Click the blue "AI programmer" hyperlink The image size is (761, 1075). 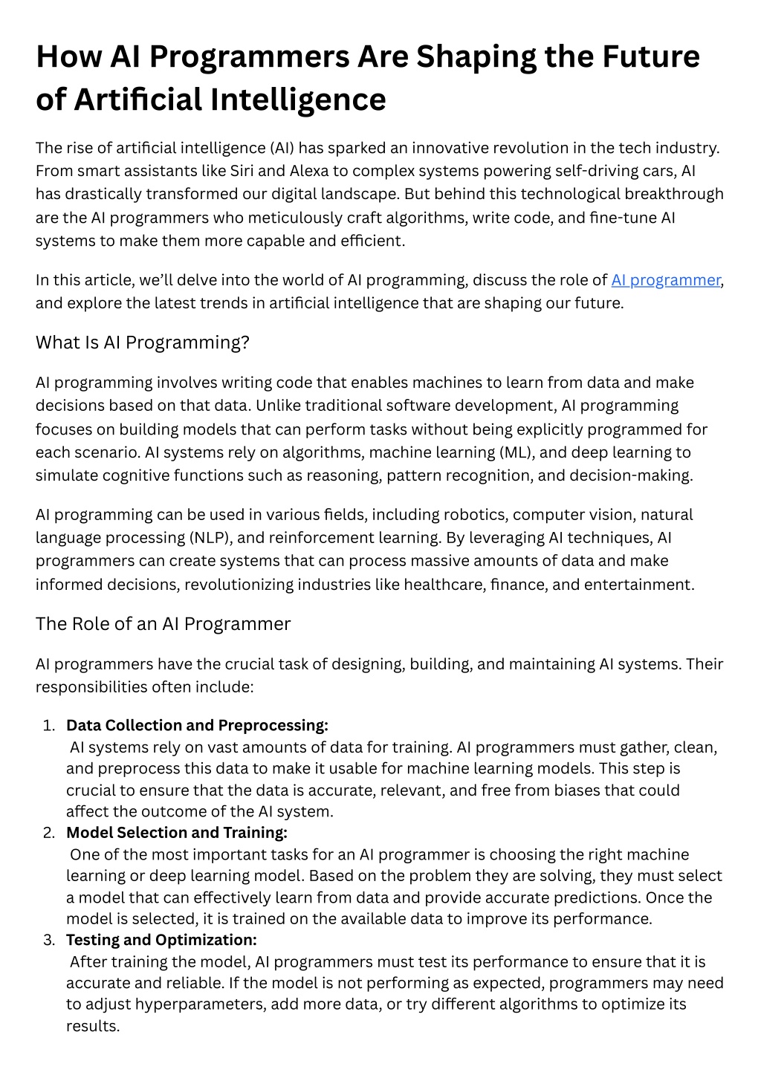pyautogui.click(x=665, y=280)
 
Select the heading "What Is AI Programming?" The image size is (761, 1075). pyautogui.click(x=142, y=342)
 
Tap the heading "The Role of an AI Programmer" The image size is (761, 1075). pyautogui.click(x=163, y=623)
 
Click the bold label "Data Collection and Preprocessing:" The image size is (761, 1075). pyautogui.click(x=197, y=725)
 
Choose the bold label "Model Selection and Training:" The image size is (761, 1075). pyautogui.click(x=177, y=832)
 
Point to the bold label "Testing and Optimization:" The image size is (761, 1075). pyautogui.click(x=161, y=940)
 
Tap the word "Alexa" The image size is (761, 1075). pyautogui.click(x=308, y=171)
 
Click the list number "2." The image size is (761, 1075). pyautogui.click(x=49, y=833)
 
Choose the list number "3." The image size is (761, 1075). pyautogui.click(x=49, y=941)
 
